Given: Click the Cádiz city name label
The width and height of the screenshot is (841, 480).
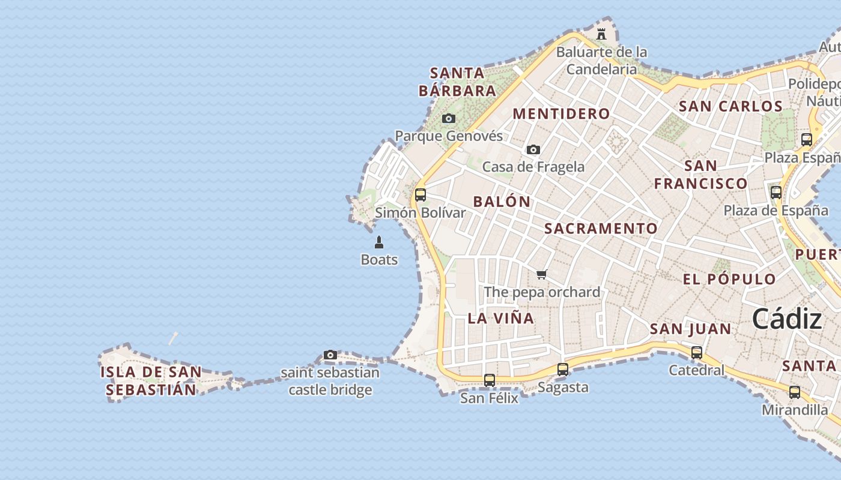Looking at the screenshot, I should point(786,319).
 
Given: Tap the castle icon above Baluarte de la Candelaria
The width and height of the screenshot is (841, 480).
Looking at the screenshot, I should point(601,34).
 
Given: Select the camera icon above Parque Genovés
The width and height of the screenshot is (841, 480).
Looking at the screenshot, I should point(449,118).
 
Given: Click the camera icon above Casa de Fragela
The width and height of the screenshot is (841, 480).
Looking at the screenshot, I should point(533,149).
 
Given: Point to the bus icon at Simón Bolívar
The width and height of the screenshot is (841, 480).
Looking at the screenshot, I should point(421,195).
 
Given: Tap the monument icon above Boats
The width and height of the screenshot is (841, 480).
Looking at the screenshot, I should point(379,242).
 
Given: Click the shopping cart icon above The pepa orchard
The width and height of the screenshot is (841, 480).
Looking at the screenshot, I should point(542,275).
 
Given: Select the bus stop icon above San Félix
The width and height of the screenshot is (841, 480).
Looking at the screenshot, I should point(490,380).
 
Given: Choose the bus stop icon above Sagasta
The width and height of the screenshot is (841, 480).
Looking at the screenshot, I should point(563,370).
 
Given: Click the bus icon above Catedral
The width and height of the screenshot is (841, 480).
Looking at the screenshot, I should point(697,353).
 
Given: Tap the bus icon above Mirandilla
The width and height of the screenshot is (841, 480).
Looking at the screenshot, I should point(795,392).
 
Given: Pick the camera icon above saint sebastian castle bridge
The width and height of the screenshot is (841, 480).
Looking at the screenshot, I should point(330,355).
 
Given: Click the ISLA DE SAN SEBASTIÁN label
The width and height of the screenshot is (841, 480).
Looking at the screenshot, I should point(151,380).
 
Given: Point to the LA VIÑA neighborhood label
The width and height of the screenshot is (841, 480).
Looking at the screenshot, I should point(501,319).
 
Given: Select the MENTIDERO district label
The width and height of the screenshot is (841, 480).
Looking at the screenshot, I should point(561,114).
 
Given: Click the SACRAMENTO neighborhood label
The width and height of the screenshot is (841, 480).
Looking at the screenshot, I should point(601,229).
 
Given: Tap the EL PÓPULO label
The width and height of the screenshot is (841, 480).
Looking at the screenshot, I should point(729,279).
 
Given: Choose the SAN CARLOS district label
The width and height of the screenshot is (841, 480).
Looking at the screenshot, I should point(730,107).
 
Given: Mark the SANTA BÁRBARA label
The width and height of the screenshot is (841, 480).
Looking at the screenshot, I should point(458,82).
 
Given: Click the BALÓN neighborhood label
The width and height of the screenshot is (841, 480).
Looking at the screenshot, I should point(502,202).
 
